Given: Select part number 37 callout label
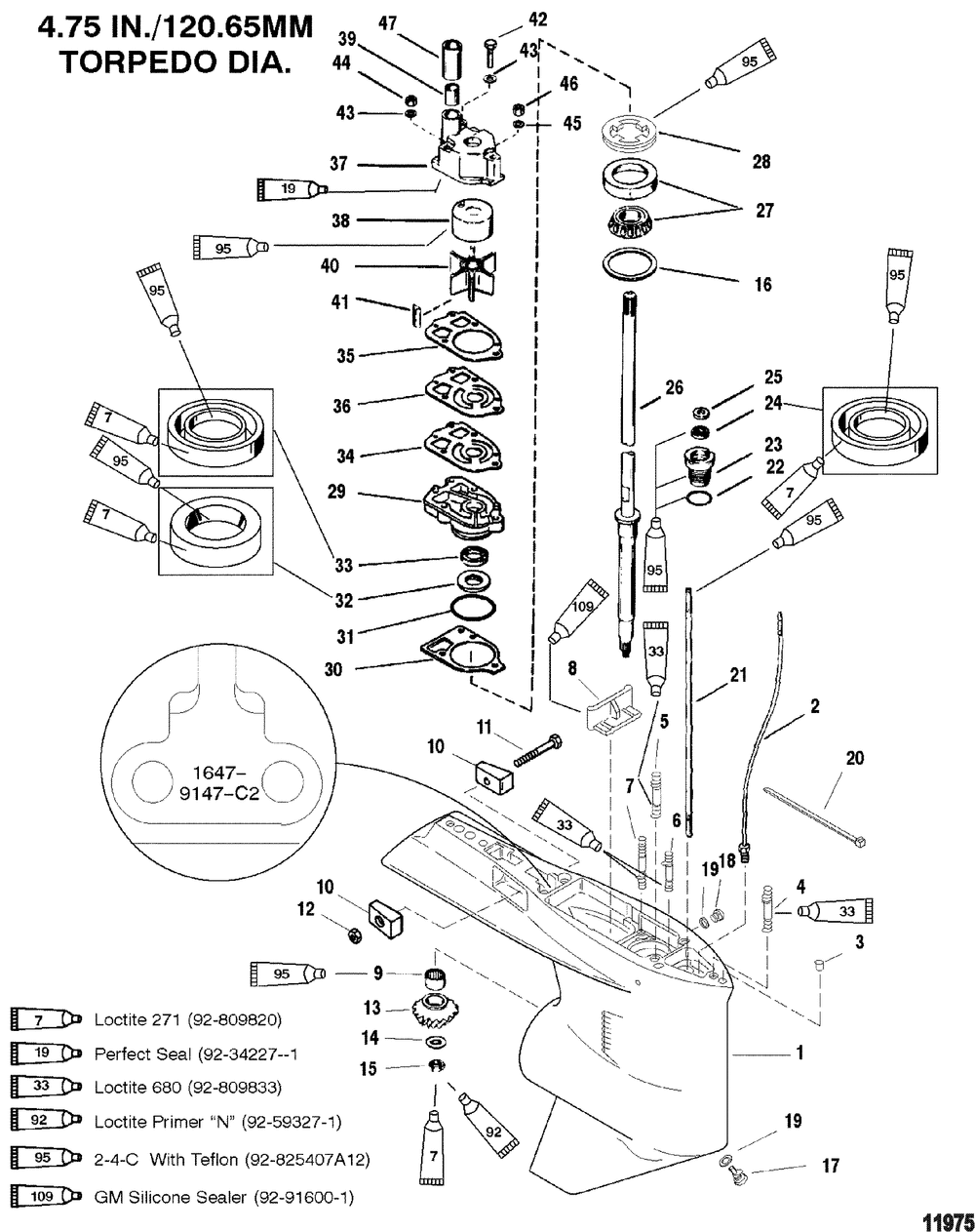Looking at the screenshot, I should (x=338, y=165).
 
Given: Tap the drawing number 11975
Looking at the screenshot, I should (x=947, y=1219).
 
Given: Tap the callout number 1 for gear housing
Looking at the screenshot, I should (x=799, y=1053).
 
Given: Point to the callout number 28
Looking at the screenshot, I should (x=761, y=161).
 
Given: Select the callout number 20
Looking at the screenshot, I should (x=854, y=758).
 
